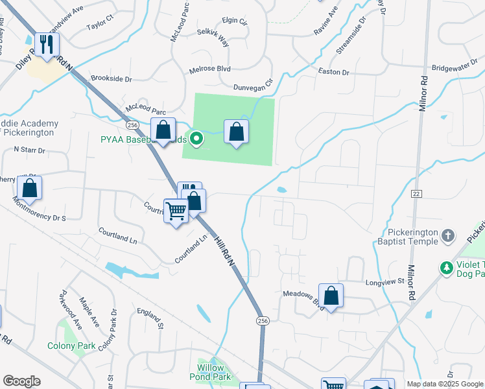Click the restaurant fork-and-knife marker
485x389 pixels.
46,44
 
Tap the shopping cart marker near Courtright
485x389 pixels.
176,211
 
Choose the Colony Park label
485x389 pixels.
71,346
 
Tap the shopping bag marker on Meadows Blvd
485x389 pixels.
331,296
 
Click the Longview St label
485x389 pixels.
388,281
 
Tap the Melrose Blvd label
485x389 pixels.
210,68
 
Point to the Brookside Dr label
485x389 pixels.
111,78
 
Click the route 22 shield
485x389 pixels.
416,194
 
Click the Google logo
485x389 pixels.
21,381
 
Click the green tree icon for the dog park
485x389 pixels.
446,267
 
